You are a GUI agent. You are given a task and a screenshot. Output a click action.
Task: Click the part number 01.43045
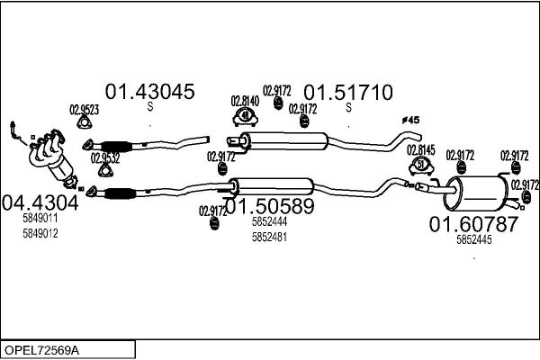149,92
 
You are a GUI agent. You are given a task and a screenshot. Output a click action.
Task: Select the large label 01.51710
347,93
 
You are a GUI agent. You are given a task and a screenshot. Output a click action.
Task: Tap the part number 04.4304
40,202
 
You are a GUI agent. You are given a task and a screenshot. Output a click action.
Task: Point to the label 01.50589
270,206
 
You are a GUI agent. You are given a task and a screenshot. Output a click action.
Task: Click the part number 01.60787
473,224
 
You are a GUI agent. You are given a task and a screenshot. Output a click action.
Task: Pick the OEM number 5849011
40,218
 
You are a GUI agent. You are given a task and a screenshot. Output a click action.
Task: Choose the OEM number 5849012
40,234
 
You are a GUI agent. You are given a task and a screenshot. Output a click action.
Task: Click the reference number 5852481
269,237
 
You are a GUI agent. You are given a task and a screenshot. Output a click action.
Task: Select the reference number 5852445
474,239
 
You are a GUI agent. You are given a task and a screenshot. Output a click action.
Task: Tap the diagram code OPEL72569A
41,350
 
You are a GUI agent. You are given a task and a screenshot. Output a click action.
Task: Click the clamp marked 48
245,117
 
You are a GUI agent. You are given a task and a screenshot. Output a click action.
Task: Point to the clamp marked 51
421,166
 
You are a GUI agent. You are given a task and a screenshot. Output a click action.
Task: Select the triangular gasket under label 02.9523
84,122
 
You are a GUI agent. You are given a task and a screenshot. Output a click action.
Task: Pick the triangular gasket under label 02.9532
105,170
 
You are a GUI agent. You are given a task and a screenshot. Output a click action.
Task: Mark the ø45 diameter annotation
410,120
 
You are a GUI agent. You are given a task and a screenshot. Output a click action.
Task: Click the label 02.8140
245,102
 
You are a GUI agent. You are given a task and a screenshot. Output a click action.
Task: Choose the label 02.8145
421,150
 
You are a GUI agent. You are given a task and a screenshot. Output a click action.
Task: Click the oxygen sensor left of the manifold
16,132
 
